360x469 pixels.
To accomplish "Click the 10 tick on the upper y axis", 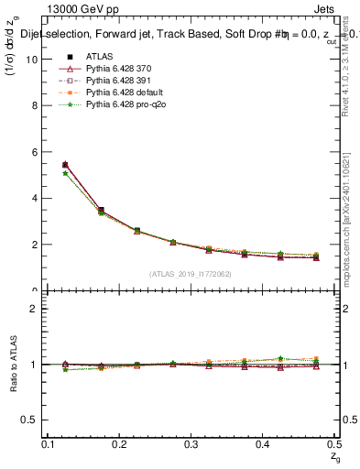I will point(35,60).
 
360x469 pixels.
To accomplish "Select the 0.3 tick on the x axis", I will point(191,443).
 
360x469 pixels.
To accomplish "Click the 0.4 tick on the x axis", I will point(262,443).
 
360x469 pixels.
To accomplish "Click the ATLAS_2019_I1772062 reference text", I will point(191,274).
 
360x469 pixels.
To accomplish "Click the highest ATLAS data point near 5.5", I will point(65,165).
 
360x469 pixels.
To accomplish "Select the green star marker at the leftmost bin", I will point(65,173).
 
